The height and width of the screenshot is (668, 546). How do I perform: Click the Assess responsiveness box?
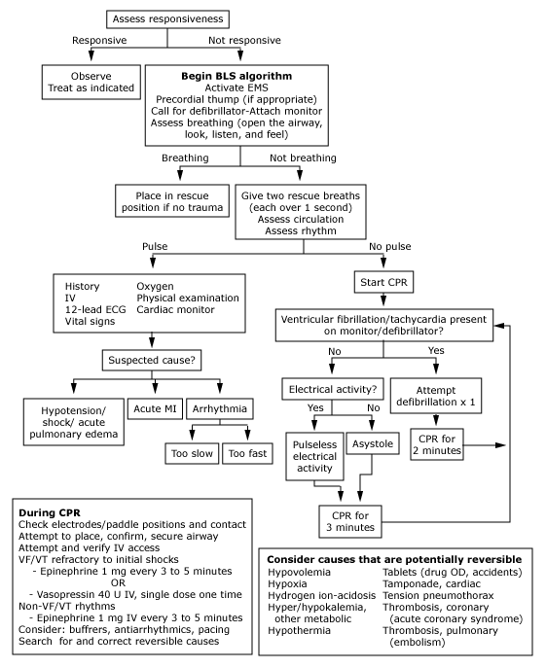pyautogui.click(x=167, y=19)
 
